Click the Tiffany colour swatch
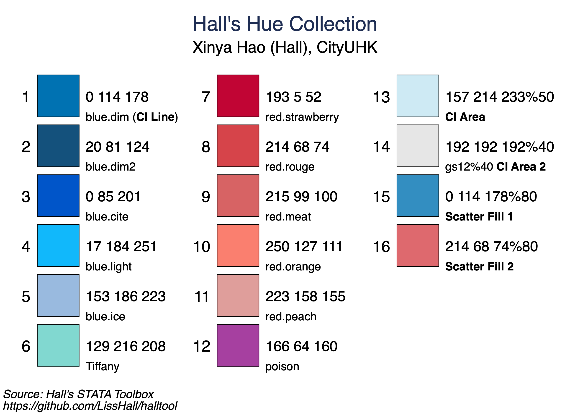[58, 345]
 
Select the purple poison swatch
[238, 345]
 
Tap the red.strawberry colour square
[238, 96]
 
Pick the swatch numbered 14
[418, 146]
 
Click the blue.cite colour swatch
[58, 195]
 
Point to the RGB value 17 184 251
[121, 246]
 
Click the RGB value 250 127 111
[304, 246]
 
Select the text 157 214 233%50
[500, 97]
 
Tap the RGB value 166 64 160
[301, 346]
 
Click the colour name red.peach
[291, 317]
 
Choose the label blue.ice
[105, 317]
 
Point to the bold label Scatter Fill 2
[479, 267]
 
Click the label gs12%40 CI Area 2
[495, 167]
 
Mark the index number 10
[202, 247]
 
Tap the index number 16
[381, 247]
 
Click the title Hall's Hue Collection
[285, 24]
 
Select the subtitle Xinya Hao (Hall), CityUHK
[285, 47]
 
